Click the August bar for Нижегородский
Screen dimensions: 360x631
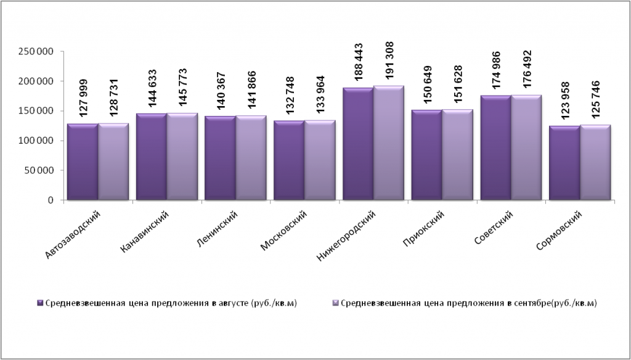(x=358, y=144)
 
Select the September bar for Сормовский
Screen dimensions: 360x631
(x=595, y=163)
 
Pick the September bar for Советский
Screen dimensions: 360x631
(x=526, y=148)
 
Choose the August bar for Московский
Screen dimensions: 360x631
(x=289, y=160)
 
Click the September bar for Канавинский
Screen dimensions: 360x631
(x=182, y=157)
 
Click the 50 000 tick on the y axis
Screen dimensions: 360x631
(x=39, y=171)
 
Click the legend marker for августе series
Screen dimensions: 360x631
(x=40, y=303)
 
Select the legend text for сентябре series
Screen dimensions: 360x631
(x=468, y=303)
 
